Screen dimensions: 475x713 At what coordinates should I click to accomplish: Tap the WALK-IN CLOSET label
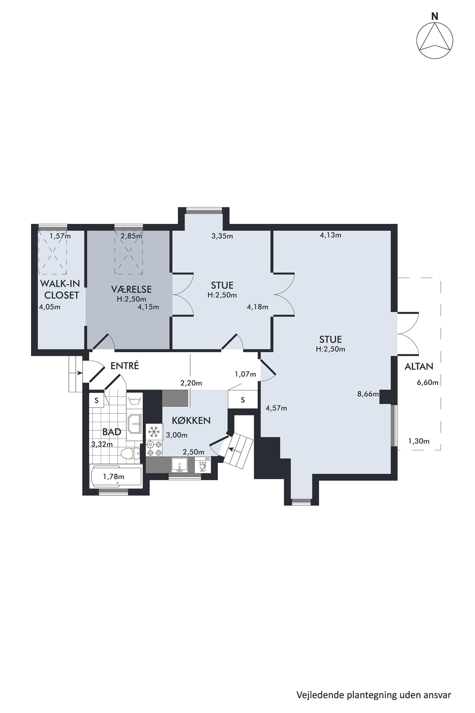pos(60,289)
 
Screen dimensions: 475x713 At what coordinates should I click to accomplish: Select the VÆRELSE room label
pos(131,289)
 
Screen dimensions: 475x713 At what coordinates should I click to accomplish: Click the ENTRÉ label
pos(124,366)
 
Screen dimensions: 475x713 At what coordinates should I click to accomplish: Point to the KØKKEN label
pos(191,420)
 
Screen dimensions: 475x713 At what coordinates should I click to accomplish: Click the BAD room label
pos(112,432)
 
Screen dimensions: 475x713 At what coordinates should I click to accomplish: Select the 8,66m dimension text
pos(368,394)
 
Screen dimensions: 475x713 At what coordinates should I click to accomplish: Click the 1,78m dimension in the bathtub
pos(113,477)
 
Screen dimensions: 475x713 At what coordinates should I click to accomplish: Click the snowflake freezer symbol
pos(154,432)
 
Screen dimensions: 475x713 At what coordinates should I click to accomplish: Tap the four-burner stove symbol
pos(154,448)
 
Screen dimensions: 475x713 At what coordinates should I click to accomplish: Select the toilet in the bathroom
pos(130,454)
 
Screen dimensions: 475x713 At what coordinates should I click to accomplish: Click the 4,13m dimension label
pos(330,235)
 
